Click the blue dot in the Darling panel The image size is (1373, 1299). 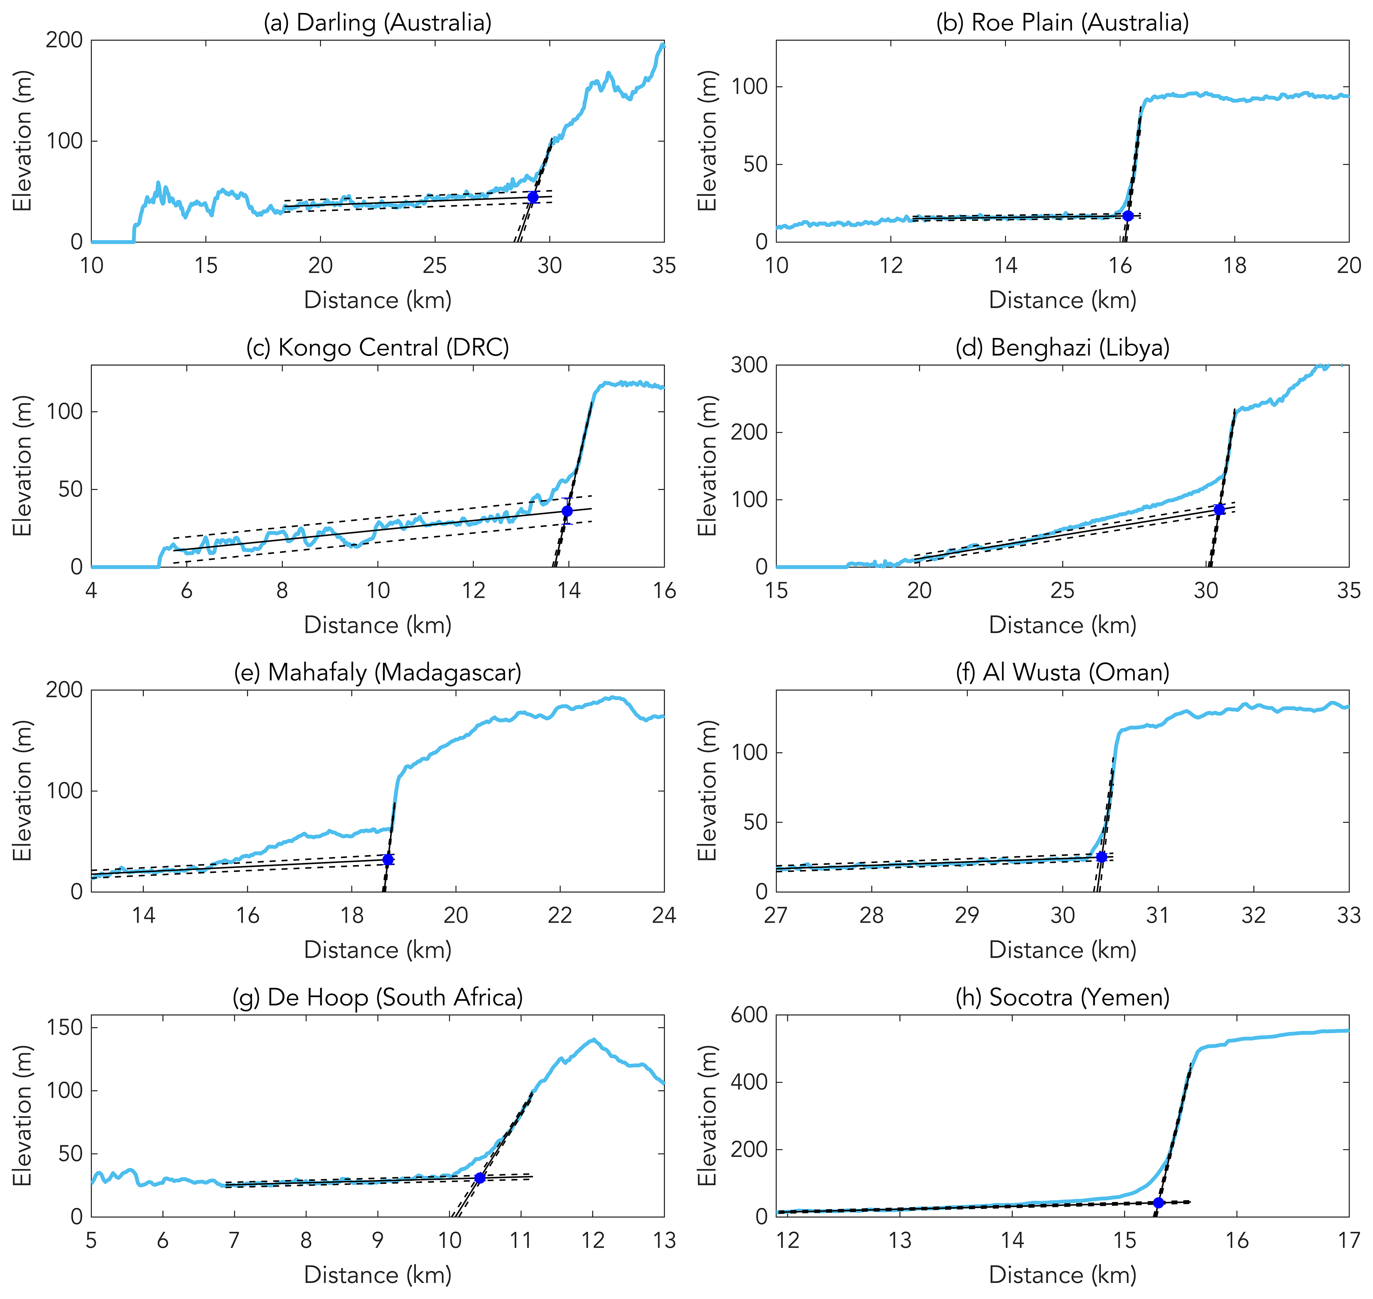point(533,197)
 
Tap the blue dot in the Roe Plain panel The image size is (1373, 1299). point(1128,216)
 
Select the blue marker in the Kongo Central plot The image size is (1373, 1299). point(567,511)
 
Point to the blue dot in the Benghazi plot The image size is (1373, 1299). point(1219,510)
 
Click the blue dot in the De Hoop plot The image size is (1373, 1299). point(479,1178)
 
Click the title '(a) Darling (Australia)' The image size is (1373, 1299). point(377,23)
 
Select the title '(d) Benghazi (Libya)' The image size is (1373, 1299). point(1062,347)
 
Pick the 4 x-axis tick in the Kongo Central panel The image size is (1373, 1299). point(91,591)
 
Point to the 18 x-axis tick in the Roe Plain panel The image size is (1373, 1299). point(1235,266)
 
